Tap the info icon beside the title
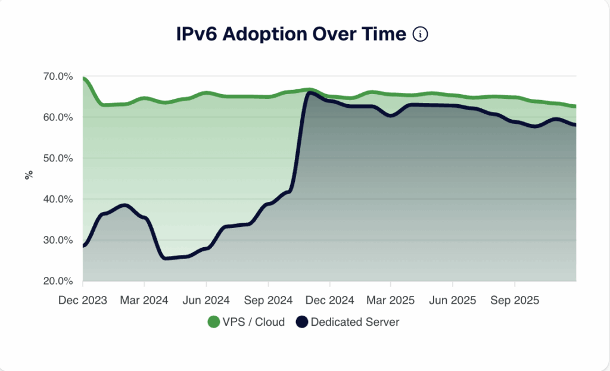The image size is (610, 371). tap(421, 35)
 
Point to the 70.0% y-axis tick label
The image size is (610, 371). tap(58, 77)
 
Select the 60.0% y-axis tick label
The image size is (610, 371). tap(58, 117)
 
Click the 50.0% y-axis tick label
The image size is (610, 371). tap(58, 158)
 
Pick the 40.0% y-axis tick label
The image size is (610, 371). tap(58, 199)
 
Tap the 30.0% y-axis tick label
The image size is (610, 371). tap(58, 240)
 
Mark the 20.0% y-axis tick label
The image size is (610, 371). tap(58, 281)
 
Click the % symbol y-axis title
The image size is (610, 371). tap(28, 176)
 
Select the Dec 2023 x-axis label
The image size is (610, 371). tap(83, 300)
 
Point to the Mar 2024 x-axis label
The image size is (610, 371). tap(144, 300)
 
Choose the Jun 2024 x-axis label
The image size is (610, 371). tap(206, 300)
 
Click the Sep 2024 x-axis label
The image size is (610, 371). tap(268, 300)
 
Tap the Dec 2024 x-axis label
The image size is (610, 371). tap(329, 300)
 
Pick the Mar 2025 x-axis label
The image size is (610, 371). tap(391, 300)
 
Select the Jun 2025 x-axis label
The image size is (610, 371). tap(452, 300)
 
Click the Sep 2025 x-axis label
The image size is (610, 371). tap(514, 300)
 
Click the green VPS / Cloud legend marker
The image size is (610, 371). tap(213, 322)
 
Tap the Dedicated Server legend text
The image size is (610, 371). tap(355, 322)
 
